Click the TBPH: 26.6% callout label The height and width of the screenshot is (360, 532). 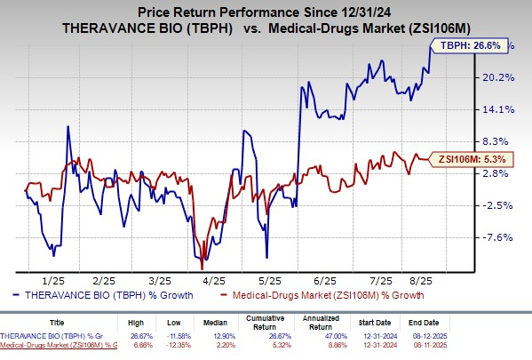click(465, 44)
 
